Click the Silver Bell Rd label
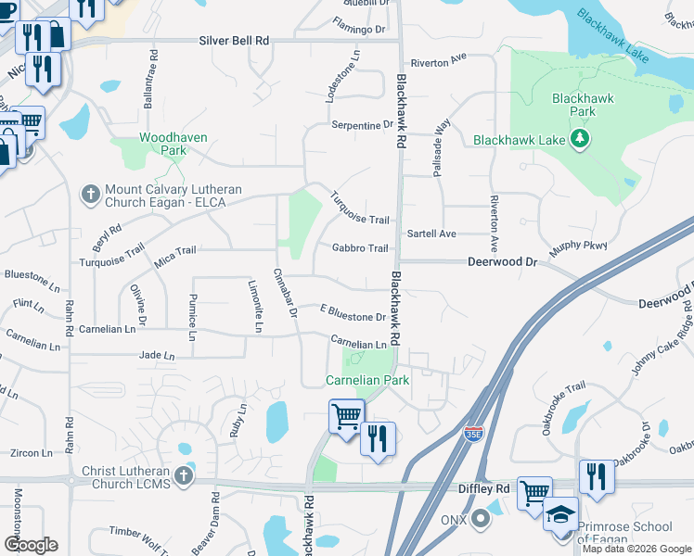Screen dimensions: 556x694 pyautogui.click(x=234, y=42)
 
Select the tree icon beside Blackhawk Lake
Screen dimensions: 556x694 pyautogui.click(x=581, y=140)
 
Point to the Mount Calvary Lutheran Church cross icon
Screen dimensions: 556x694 pyautogui.click(x=90, y=194)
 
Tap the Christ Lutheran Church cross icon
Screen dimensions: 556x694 pyautogui.click(x=184, y=476)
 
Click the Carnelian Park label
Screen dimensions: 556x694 pyautogui.click(x=366, y=380)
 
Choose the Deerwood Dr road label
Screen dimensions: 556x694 pyautogui.click(x=502, y=262)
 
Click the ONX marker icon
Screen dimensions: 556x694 pyautogui.click(x=480, y=518)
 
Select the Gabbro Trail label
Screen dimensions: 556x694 pyautogui.click(x=360, y=248)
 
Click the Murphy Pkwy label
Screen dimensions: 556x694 pyautogui.click(x=577, y=247)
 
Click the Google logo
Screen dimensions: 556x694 pyautogui.click(x=31, y=544)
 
